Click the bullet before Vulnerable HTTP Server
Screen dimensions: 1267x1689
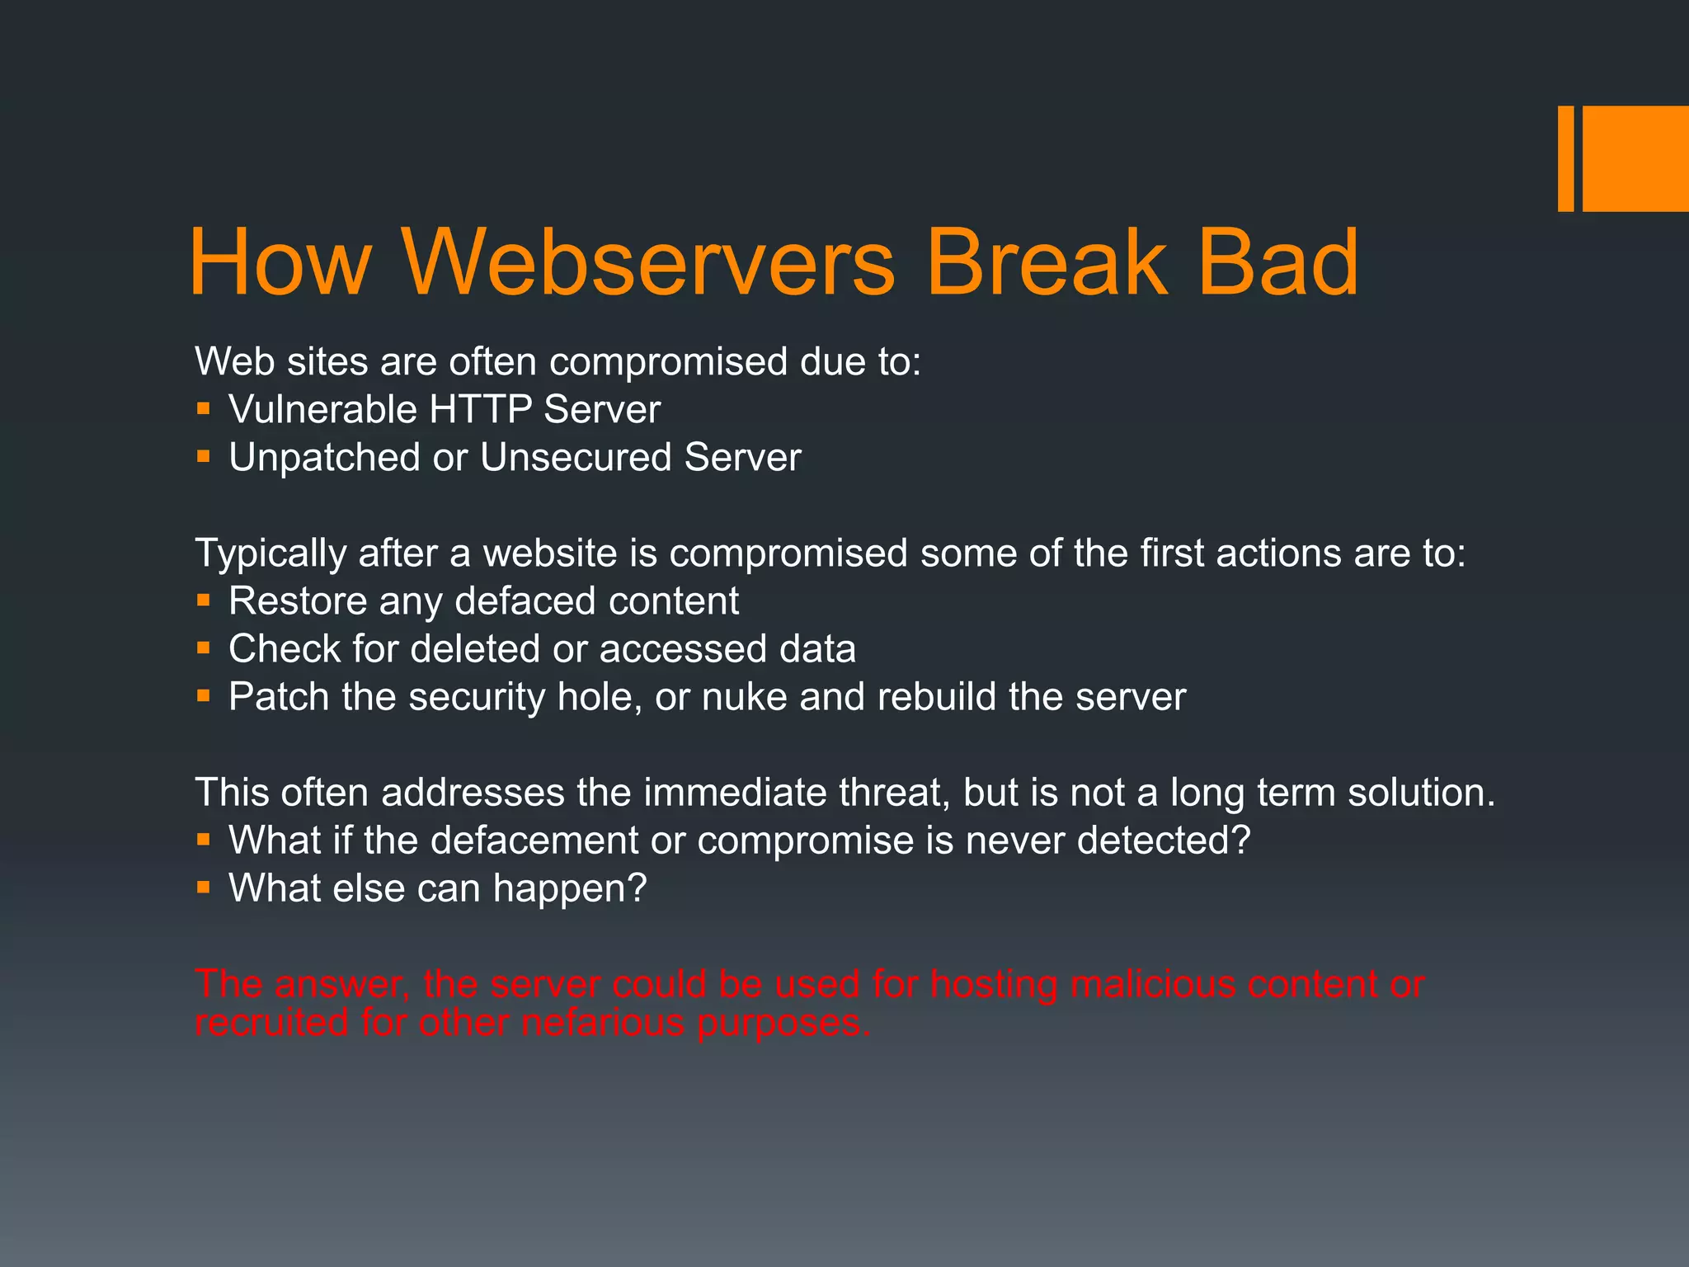(204, 407)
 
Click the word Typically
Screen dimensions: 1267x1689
(270, 553)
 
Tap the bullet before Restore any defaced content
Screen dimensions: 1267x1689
(204, 599)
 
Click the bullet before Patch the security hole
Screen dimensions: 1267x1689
(204, 695)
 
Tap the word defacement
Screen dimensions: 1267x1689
(534, 841)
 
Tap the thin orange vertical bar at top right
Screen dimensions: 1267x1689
(1565, 158)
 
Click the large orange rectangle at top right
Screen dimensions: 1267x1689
(1635, 158)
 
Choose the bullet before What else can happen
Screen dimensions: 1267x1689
(204, 888)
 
